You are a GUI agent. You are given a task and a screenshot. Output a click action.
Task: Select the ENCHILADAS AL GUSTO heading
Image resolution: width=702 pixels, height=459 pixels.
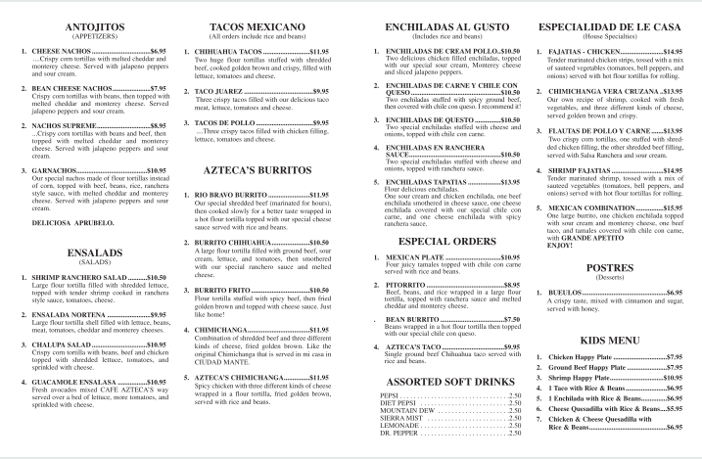coord(438,26)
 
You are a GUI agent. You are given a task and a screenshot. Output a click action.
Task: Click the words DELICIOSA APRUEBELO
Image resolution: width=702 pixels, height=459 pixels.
coord(75,222)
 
